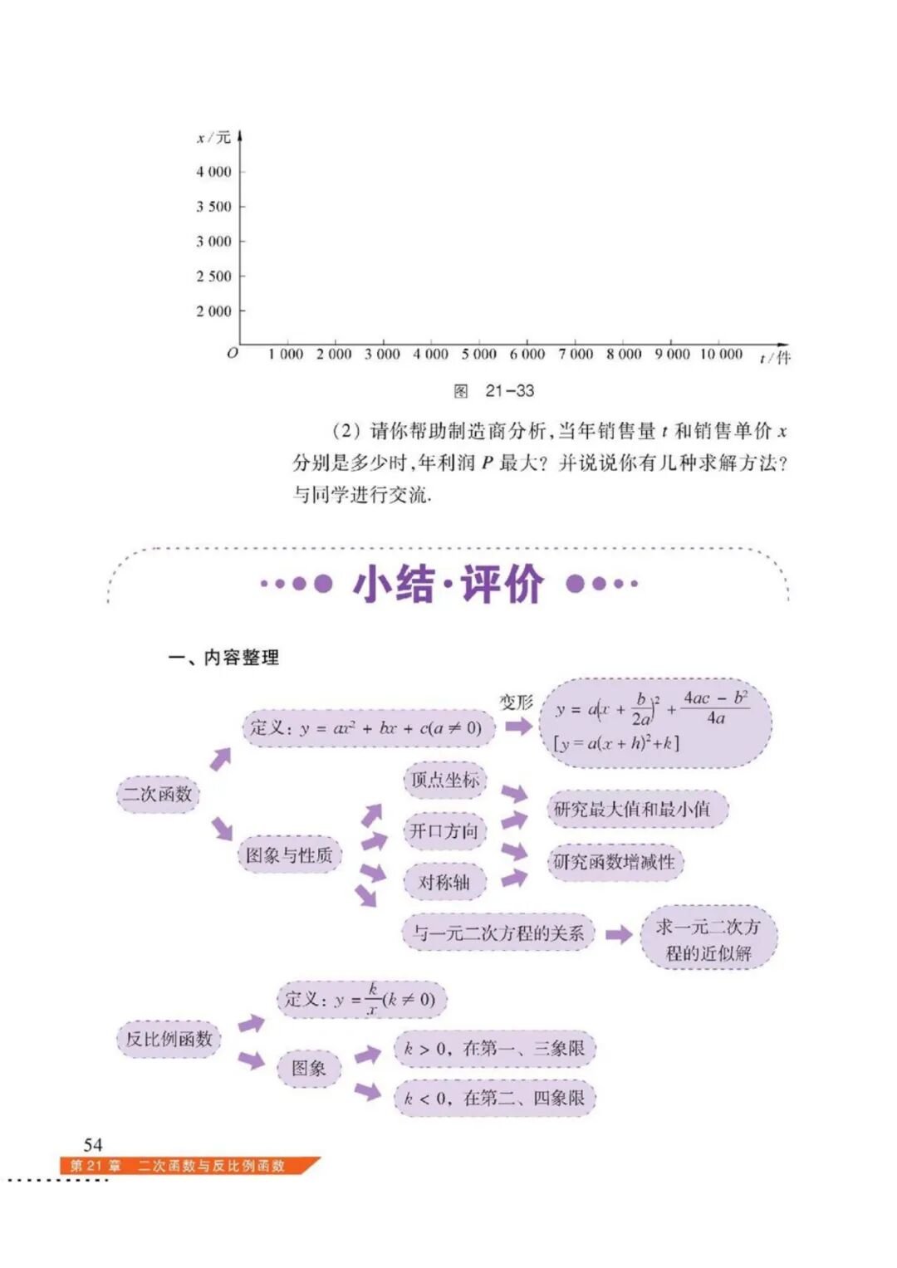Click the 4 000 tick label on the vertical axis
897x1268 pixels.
(x=213, y=172)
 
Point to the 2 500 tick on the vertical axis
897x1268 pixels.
(x=213, y=276)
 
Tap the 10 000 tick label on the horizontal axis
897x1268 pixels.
(x=720, y=355)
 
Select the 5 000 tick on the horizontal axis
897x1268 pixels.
(x=479, y=355)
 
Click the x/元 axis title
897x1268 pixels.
(x=213, y=138)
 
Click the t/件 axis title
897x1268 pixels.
(x=775, y=358)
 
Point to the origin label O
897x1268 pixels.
(x=233, y=353)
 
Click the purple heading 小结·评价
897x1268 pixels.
(x=448, y=584)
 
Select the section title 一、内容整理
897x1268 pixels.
(x=224, y=658)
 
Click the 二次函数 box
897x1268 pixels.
(x=158, y=794)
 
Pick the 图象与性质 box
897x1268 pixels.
(x=289, y=854)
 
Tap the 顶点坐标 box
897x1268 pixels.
(x=445, y=780)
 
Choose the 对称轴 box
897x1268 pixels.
(x=444, y=882)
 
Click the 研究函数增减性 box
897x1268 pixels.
(x=615, y=862)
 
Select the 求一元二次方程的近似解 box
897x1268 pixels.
(x=708, y=939)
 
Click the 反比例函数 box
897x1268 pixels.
(x=169, y=1039)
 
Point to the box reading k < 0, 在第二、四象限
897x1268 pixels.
(x=495, y=1099)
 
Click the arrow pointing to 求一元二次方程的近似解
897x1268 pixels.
(x=619, y=935)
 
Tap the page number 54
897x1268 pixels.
(x=93, y=1144)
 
